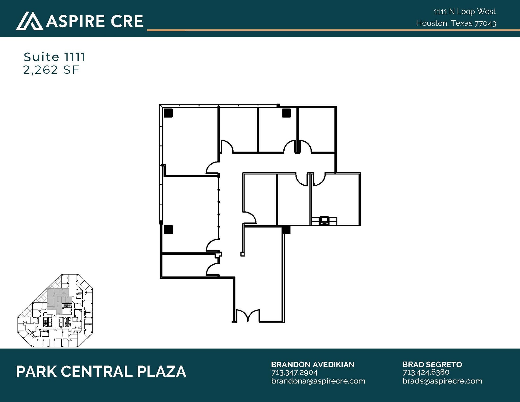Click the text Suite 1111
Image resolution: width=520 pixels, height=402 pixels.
coord(54,57)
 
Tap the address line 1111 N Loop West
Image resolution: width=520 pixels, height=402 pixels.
coord(464,12)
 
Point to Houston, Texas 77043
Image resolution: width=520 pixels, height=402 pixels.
coord(456,23)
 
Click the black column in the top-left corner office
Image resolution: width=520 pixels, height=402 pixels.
coord(168,113)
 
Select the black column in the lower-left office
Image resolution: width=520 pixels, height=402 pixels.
coord(168,230)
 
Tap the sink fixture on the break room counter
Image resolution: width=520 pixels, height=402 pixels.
coord(324,221)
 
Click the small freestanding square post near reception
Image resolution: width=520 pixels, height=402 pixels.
coord(242,254)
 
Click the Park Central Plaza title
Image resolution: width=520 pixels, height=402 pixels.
coord(101,372)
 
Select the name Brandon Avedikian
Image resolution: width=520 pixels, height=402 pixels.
coord(313,364)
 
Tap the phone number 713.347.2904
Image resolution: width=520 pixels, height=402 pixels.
coord(294,373)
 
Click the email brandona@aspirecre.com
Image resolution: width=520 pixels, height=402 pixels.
coord(318,381)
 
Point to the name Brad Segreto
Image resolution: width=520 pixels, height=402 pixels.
coord(432,364)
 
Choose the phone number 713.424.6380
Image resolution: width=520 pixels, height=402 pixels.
coord(426,372)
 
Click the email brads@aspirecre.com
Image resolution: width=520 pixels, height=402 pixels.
coord(442,381)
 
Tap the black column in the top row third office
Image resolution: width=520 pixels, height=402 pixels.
coord(286,113)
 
